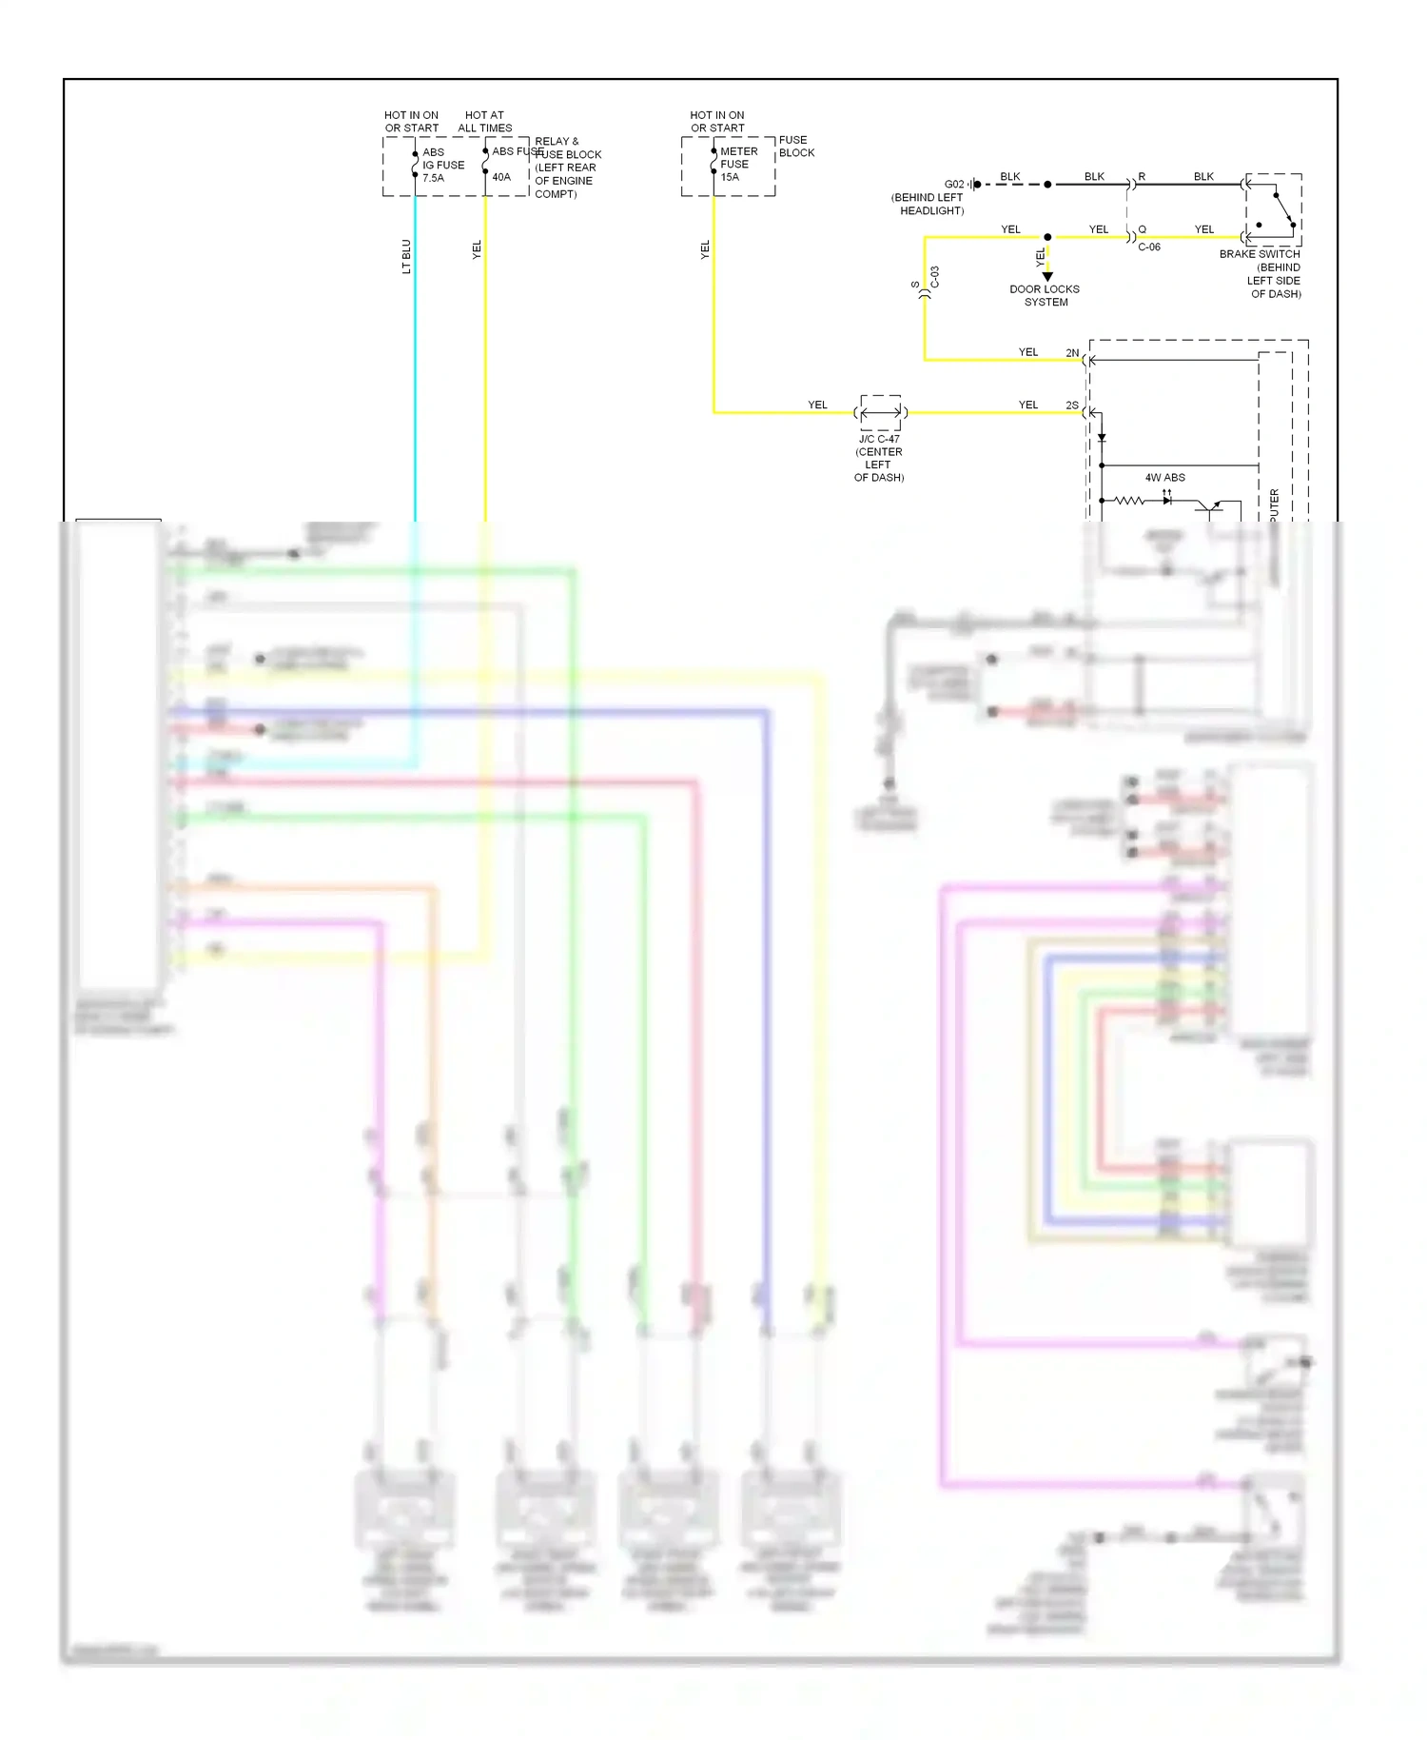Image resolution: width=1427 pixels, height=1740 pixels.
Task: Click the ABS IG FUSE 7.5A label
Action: pos(442,165)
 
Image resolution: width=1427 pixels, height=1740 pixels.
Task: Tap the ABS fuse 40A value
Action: pos(501,177)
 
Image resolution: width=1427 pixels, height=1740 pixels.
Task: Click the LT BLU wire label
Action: pos(406,256)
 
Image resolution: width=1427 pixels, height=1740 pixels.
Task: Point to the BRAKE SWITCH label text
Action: pos(1260,254)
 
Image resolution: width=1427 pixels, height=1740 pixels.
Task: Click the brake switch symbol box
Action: pos(1273,209)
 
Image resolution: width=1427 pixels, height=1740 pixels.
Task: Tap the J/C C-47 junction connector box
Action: pos(881,412)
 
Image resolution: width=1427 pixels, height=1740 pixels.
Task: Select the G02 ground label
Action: pos(953,185)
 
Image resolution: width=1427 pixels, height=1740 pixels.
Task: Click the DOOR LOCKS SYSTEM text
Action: pos(1045,295)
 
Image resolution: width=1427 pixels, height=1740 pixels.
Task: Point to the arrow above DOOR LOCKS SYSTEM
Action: pos(1047,276)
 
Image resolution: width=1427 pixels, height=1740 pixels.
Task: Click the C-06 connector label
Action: pos(1149,247)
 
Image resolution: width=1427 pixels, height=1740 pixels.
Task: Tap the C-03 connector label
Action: pos(935,277)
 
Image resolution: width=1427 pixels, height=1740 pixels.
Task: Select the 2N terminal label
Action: pos(1072,353)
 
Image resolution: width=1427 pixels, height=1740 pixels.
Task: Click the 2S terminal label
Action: pos(1072,405)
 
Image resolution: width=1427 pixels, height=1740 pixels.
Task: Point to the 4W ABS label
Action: pos(1164,478)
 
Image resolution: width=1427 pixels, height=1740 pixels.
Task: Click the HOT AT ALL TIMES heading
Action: pos(484,122)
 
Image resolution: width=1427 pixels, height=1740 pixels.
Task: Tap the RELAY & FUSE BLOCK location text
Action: pos(567,168)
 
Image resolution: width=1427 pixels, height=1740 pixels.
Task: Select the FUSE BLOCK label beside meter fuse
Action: pos(795,146)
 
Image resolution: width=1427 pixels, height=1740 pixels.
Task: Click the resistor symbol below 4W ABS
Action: pos(1129,500)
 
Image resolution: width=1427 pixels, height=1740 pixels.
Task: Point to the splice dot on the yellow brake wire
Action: pos(1047,237)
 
